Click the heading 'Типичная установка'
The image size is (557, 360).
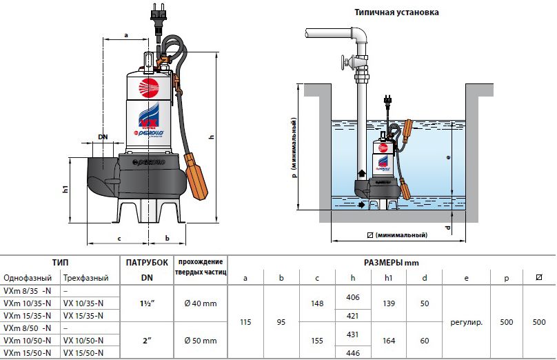pos(396,12)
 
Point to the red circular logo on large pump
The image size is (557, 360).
pos(148,88)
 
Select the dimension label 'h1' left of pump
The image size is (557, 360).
pos(65,189)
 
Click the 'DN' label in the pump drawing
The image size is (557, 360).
pos(103,137)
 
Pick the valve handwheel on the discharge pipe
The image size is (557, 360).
pos(344,64)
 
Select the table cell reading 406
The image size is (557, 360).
pos(353,297)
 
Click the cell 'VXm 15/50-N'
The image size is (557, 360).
pos(27,353)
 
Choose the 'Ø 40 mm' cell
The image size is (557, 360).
pos(201,303)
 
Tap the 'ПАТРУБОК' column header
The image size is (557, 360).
pos(147,263)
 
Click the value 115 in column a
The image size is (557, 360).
pos(245,322)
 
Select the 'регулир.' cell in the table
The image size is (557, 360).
pos(467,322)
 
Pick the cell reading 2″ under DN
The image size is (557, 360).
pos(147,341)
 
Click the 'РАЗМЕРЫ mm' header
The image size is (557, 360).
pos(391,263)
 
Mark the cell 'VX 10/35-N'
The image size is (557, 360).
pos(83,303)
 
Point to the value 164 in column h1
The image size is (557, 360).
pos(389,341)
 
